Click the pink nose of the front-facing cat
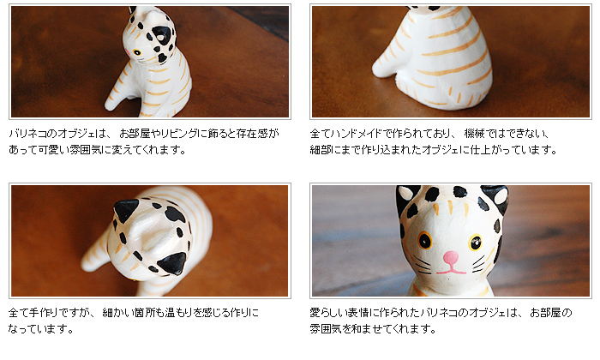451,257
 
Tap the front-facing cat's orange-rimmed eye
425,240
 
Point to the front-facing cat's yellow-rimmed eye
475,242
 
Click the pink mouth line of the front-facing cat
451,271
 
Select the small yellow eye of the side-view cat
136,52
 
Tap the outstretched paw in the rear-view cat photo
382,69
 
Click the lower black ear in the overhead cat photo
172,264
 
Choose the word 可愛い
53,150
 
